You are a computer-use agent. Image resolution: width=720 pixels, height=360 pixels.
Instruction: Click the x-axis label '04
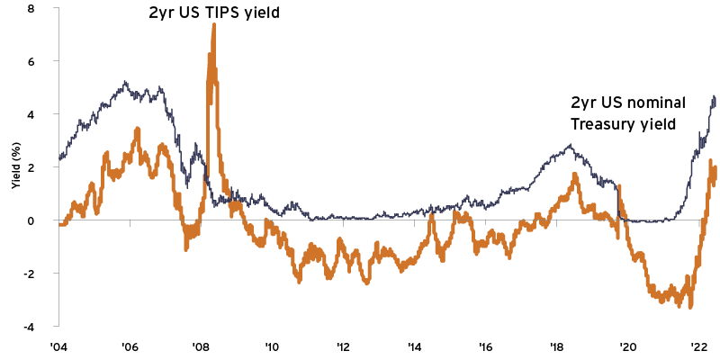58,346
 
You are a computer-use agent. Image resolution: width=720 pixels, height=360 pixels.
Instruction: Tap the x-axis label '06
129,346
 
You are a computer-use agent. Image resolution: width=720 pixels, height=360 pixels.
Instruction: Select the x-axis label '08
201,346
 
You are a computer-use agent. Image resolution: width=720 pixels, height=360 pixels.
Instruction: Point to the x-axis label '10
272,346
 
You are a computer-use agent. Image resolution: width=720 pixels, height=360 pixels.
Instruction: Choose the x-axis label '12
343,346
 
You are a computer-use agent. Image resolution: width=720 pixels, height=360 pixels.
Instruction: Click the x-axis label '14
414,346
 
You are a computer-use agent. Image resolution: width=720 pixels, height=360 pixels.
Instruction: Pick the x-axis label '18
556,346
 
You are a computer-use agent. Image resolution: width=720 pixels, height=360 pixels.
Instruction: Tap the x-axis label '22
697,346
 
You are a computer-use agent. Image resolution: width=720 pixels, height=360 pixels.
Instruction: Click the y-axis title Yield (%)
15,167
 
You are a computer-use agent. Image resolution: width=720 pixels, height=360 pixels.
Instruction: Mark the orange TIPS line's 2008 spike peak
213,24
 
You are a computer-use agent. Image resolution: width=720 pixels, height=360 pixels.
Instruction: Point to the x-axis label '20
627,346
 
